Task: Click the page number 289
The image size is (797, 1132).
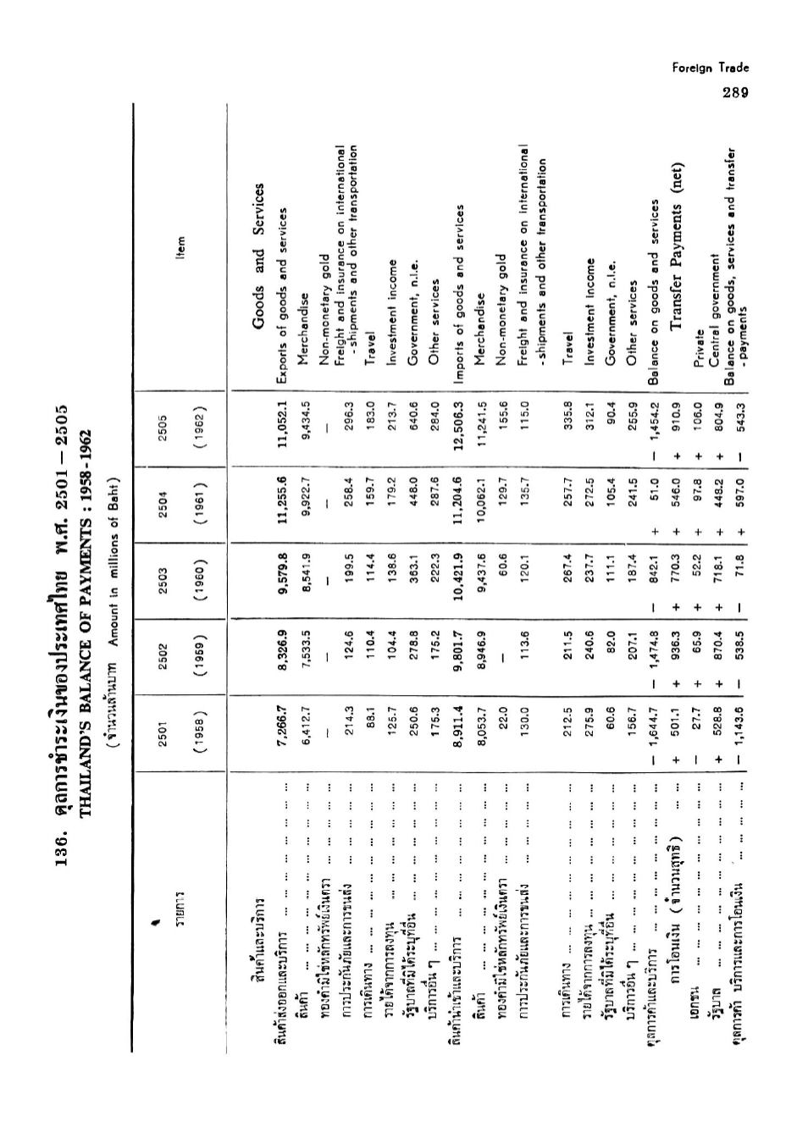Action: click(733, 92)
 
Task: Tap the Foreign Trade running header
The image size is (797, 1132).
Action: click(711, 68)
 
